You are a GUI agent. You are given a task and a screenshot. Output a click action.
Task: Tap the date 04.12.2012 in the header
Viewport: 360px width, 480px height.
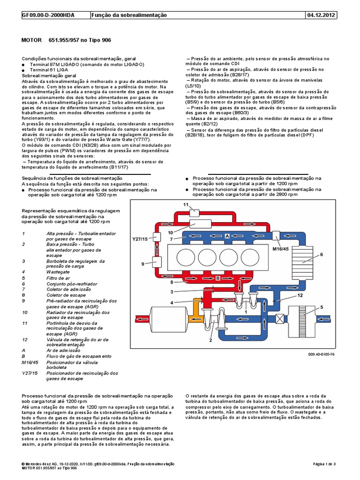[321, 15]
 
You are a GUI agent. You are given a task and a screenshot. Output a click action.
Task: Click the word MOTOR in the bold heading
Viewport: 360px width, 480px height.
[32, 41]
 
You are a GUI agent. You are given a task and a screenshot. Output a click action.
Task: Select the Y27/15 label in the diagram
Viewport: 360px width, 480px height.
[140, 239]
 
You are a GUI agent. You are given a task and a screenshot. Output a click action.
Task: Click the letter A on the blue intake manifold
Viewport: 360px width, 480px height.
[226, 237]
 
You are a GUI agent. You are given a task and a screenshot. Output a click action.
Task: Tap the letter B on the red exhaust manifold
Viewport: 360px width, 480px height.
[218, 278]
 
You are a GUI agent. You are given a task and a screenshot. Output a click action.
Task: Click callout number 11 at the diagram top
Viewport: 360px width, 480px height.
[186, 205]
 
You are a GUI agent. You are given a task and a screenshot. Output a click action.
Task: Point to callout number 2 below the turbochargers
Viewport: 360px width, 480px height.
[211, 340]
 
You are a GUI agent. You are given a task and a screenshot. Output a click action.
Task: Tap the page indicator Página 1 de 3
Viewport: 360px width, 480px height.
[324, 464]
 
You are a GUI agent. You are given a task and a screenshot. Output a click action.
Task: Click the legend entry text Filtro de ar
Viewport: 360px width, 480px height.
[58, 278]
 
